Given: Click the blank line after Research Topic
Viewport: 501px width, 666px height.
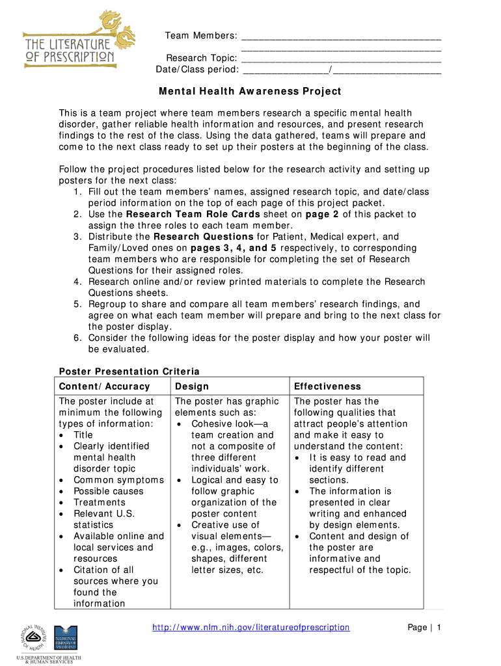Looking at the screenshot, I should click(340, 59).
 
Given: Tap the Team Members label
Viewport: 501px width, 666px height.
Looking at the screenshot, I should click(200, 35).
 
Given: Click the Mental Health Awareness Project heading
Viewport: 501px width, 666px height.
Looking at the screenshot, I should click(251, 92).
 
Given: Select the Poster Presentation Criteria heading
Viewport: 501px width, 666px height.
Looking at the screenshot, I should click(129, 371).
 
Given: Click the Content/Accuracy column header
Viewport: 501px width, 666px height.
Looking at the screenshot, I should click(104, 386).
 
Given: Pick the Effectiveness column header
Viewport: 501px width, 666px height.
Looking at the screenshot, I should click(327, 386).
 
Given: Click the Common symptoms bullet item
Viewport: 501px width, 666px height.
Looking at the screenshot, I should click(118, 480).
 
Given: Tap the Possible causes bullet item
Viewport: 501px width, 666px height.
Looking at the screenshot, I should click(108, 491).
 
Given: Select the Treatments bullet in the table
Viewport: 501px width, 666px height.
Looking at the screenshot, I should click(99, 502).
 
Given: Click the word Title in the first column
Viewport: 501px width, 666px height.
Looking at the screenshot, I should click(83, 435).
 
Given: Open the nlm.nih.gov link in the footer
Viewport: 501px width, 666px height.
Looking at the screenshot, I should click(251, 628).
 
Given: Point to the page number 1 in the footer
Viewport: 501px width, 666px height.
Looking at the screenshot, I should click(439, 628).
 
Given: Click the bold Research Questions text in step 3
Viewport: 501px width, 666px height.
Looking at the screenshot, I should click(204, 237).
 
